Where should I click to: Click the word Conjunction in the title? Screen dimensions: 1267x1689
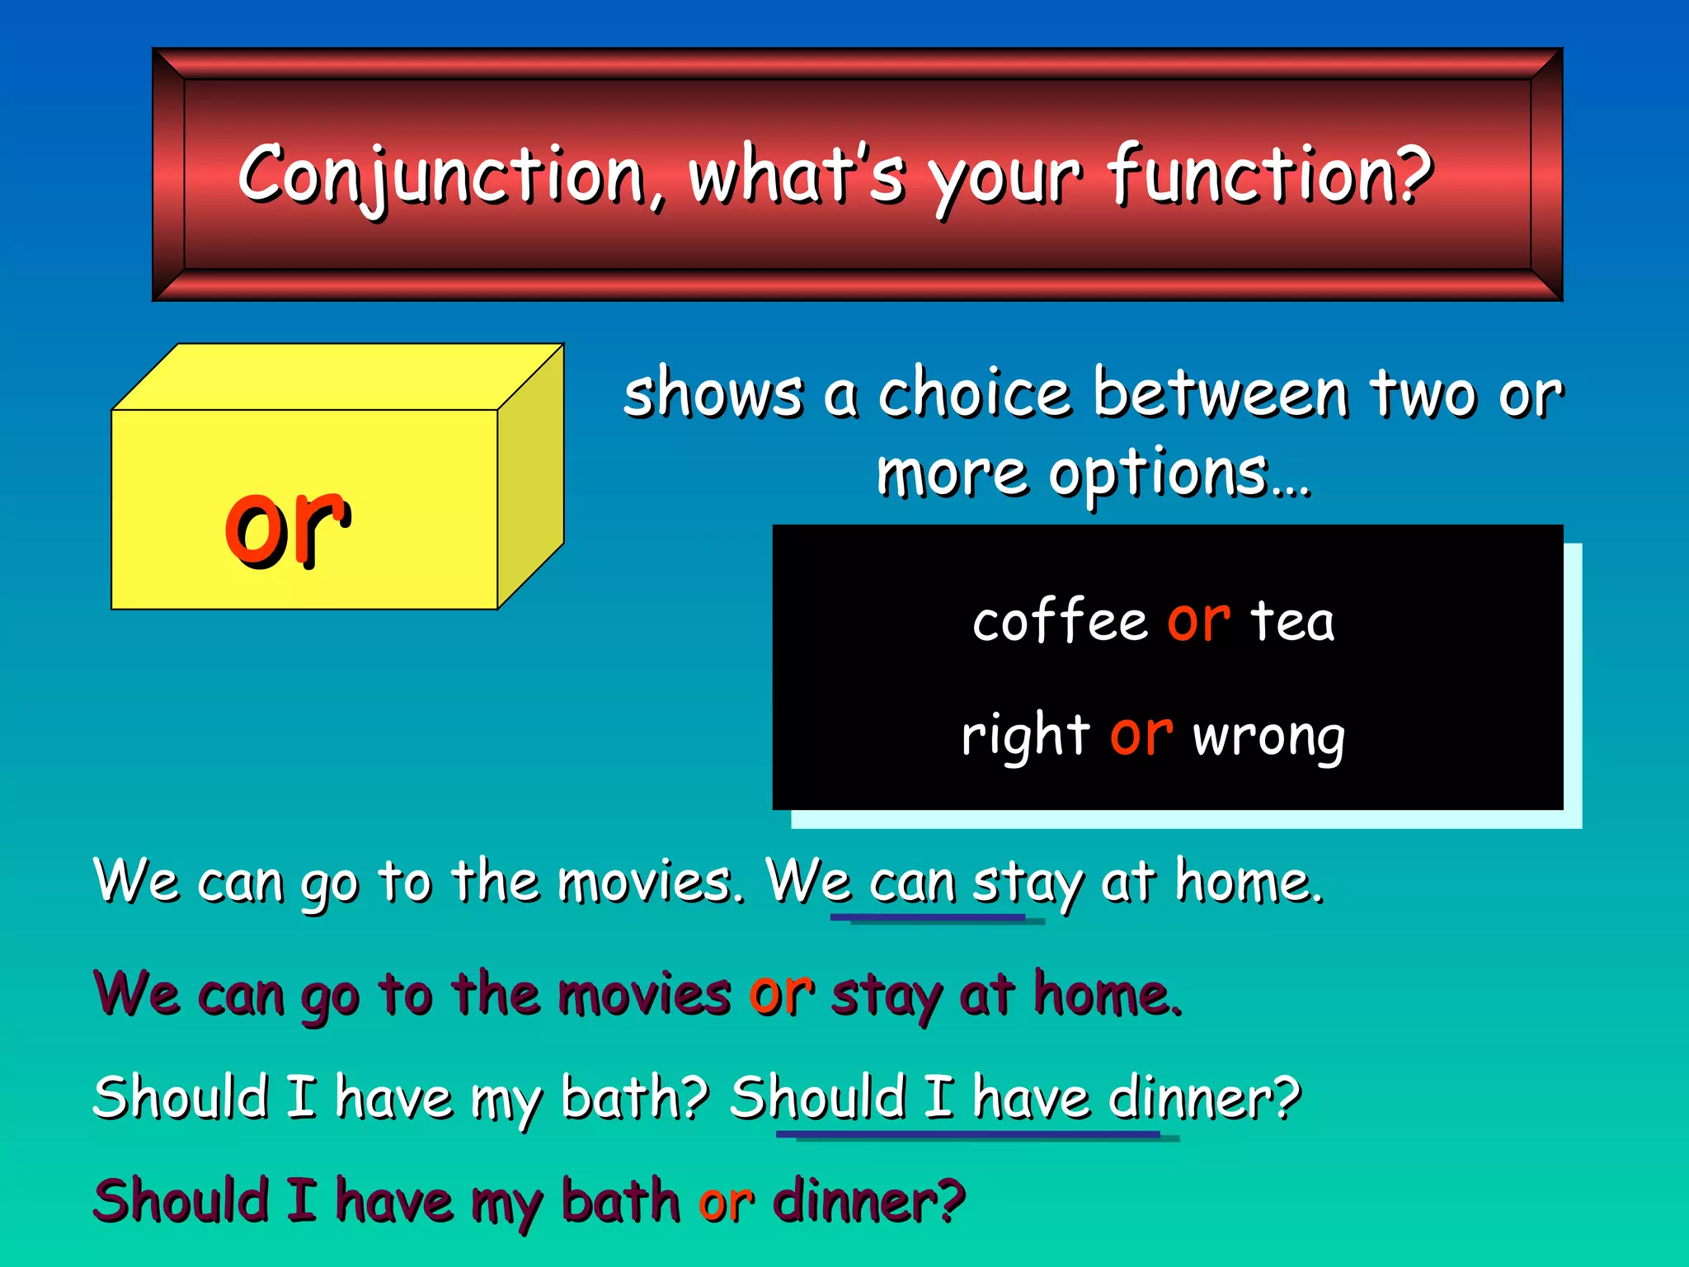tap(441, 175)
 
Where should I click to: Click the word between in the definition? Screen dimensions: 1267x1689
tap(1221, 393)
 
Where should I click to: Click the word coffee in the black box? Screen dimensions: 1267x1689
tap(1060, 621)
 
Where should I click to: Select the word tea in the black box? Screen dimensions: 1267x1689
tap(1292, 621)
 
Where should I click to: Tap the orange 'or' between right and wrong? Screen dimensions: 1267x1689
tap(1141, 734)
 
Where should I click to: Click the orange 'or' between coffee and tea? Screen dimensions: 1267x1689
tap(1198, 620)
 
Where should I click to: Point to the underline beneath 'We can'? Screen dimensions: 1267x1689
tap(928, 917)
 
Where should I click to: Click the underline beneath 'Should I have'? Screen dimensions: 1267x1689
tap(969, 1135)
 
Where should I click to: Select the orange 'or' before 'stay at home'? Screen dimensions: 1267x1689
tap(781, 993)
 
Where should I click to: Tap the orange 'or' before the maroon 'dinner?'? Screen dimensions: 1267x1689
tap(726, 1203)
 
